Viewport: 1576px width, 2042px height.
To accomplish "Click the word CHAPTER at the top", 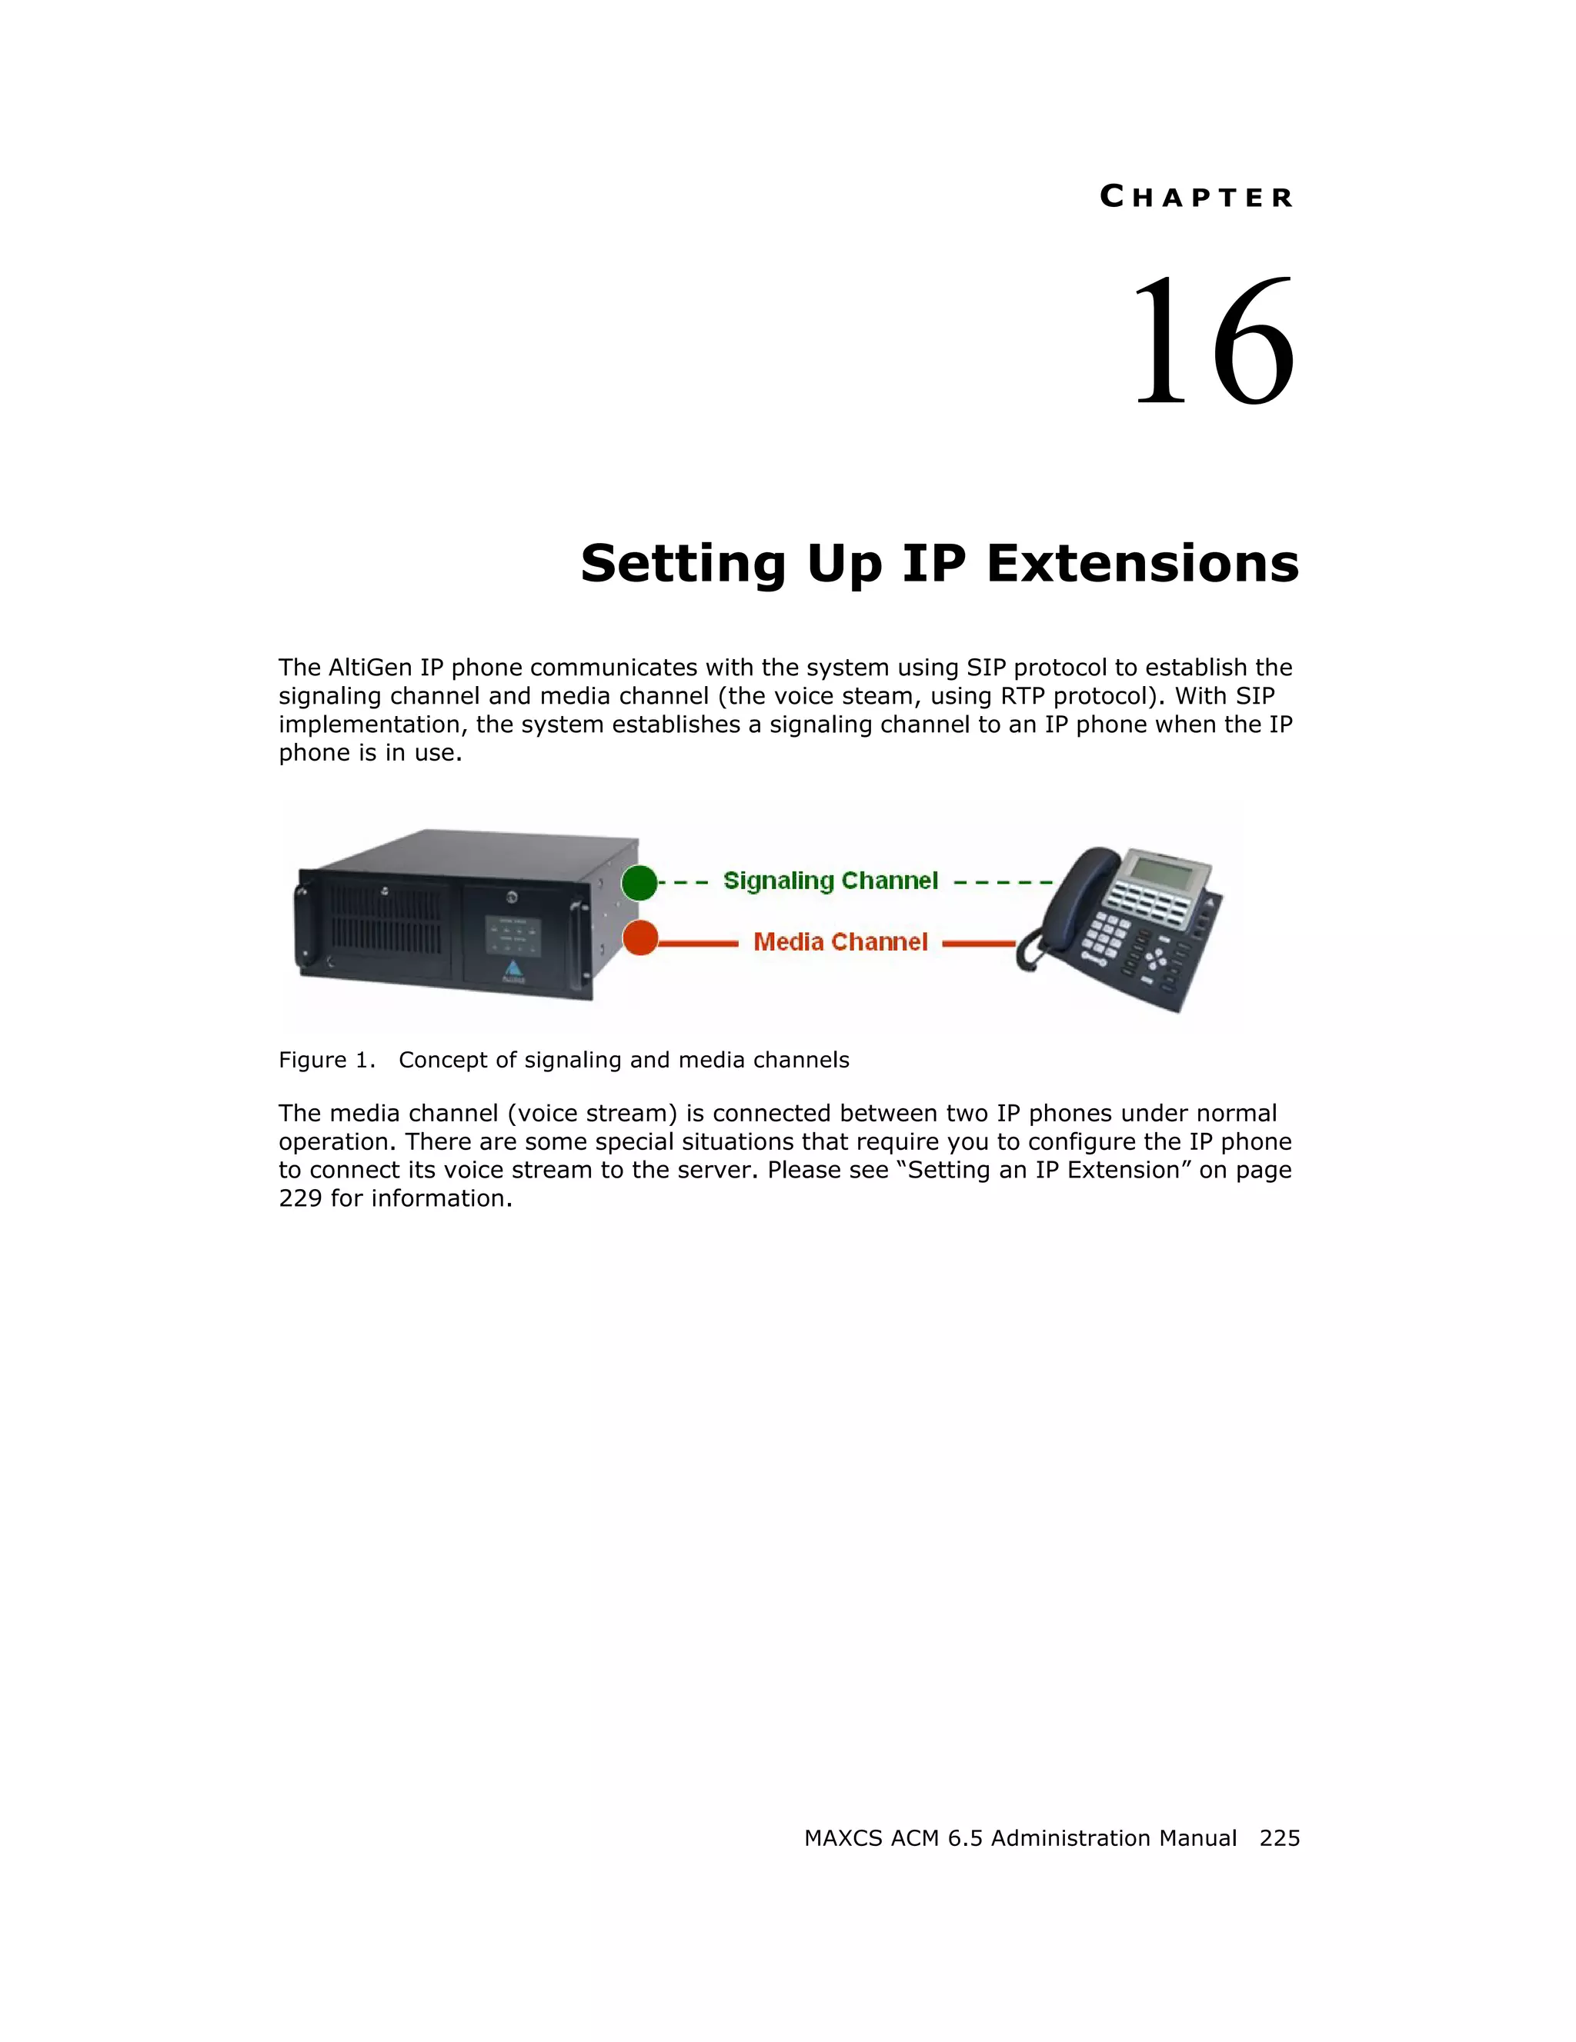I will tap(1197, 198).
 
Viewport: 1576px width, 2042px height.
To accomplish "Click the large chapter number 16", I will tap(1213, 342).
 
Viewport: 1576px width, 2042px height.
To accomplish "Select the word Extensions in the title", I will tap(1142, 564).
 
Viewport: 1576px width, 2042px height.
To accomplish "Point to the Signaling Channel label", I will tap(830, 881).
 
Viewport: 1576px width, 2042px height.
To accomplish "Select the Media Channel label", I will tap(840, 941).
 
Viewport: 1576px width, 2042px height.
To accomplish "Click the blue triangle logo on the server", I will tap(513, 968).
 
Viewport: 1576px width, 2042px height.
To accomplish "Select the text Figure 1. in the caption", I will tap(326, 1061).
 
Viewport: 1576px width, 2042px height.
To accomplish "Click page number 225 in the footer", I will tap(1278, 1838).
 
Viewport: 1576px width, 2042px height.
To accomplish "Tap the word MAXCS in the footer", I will tap(843, 1838).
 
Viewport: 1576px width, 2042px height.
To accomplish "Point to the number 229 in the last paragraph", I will tap(300, 1198).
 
